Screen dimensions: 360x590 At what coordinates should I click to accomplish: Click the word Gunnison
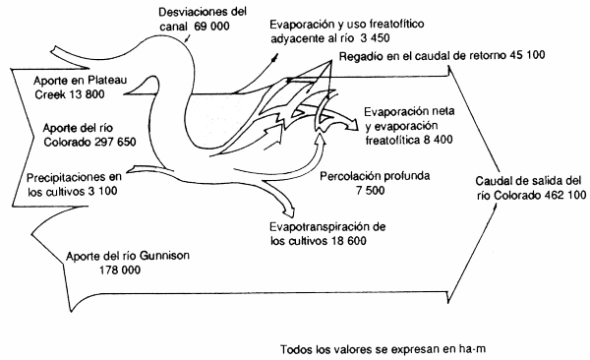click(x=161, y=257)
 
